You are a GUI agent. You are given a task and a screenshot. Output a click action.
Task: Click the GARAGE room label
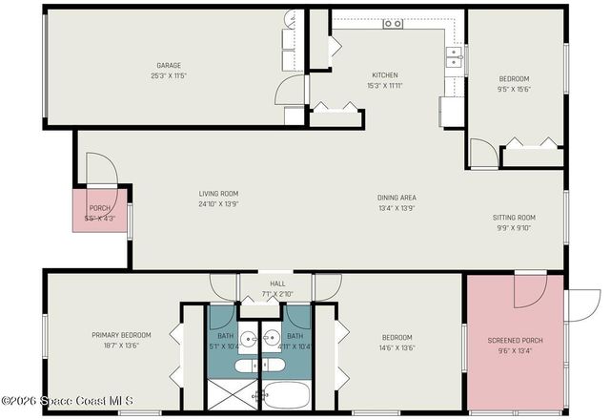[x=168, y=65]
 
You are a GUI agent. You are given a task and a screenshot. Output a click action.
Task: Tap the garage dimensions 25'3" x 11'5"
[x=168, y=75]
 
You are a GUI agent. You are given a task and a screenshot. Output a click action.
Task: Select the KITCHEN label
[x=384, y=75]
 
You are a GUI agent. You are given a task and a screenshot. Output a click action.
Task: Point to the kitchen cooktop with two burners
[x=393, y=24]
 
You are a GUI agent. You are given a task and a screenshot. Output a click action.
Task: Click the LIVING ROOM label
[x=217, y=193]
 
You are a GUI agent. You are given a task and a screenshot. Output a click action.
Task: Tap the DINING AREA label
[x=396, y=198]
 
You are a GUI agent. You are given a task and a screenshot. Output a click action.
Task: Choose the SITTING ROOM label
[x=514, y=217]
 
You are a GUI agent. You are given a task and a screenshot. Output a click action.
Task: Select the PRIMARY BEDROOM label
[x=121, y=335]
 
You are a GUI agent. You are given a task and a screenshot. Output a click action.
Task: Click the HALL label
[x=277, y=283]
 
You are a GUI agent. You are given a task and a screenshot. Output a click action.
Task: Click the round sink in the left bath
[x=246, y=337]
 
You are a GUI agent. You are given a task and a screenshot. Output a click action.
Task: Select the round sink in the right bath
[x=271, y=337]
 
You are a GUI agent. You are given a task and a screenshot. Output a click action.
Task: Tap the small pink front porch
[x=100, y=212]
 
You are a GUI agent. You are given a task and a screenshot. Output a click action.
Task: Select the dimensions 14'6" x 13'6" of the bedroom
[x=396, y=347]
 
